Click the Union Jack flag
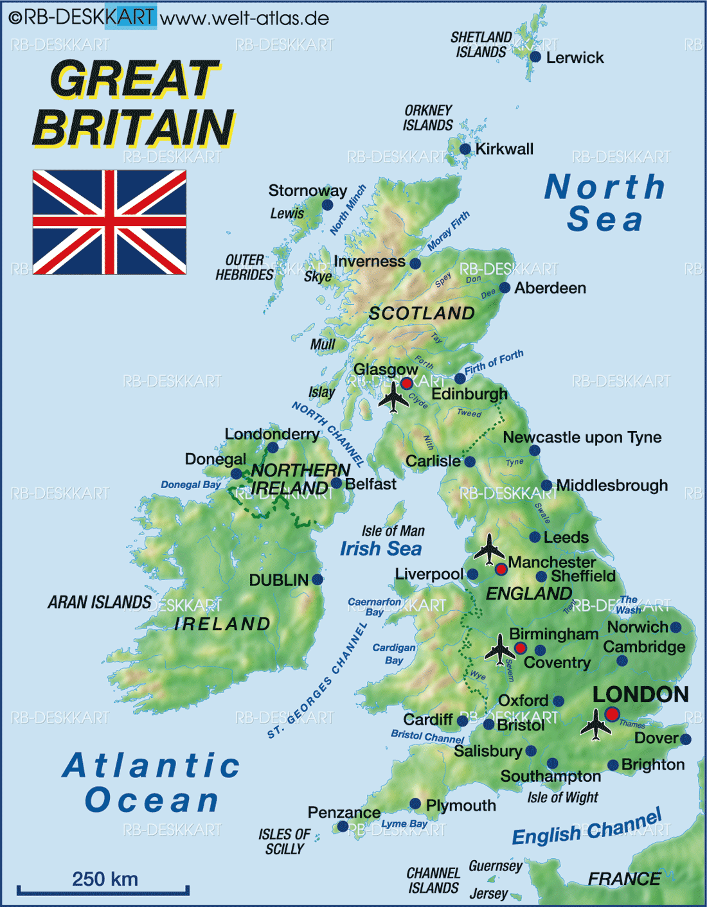pyautogui.click(x=109, y=222)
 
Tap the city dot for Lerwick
pyautogui.click(x=535, y=57)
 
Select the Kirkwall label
pyautogui.click(x=505, y=149)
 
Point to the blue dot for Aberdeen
pyautogui.click(x=505, y=288)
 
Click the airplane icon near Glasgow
pyautogui.click(x=393, y=397)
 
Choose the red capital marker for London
pyautogui.click(x=612, y=714)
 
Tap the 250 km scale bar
pyautogui.click(x=103, y=890)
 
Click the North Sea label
pyautogui.click(x=604, y=203)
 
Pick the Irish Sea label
pyautogui.click(x=380, y=549)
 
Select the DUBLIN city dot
pyautogui.click(x=317, y=579)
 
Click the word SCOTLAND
pyautogui.click(x=422, y=313)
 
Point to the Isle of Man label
pyautogui.click(x=393, y=531)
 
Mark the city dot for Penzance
pyautogui.click(x=343, y=826)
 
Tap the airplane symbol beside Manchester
pyautogui.click(x=490, y=549)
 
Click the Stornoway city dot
pyautogui.click(x=327, y=205)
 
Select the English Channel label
pyautogui.click(x=586, y=829)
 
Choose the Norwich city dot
pyautogui.click(x=676, y=627)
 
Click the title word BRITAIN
pyautogui.click(x=133, y=127)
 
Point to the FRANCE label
pyautogui.click(x=624, y=879)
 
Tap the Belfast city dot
pyautogui.click(x=336, y=483)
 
